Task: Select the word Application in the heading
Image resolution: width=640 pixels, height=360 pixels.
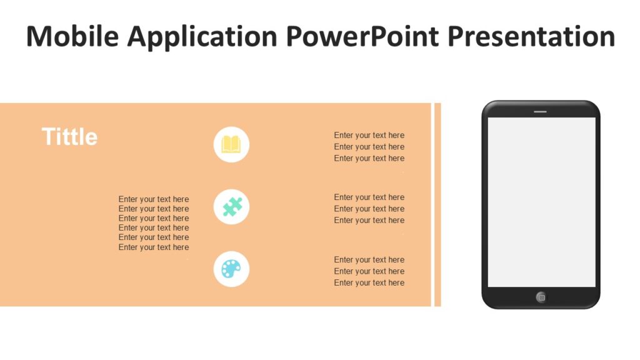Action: [x=202, y=37]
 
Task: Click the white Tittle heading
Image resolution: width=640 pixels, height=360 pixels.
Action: [x=69, y=137]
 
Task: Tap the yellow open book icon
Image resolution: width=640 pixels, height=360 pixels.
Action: [x=231, y=144]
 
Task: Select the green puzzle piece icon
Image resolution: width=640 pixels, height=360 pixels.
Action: [x=231, y=207]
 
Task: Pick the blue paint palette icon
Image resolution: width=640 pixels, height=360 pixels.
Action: [x=231, y=269]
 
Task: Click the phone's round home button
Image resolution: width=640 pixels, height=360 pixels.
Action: [x=541, y=297]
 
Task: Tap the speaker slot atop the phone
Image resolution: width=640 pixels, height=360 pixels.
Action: [x=540, y=112]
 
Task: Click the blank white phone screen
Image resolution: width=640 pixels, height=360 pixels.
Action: [x=541, y=202]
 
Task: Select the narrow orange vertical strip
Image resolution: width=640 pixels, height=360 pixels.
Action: [x=437, y=204]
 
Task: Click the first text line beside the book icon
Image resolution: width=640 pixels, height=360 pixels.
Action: [x=369, y=135]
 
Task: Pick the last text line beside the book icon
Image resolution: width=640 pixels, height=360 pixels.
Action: [x=369, y=158]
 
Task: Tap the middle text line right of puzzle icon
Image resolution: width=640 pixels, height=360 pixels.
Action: [x=369, y=209]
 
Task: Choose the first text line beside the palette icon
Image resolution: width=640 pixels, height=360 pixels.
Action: [x=369, y=259]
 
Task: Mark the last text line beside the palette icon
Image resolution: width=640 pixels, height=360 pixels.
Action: [x=369, y=282]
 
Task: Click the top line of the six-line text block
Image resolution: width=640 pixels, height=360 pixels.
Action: [x=154, y=199]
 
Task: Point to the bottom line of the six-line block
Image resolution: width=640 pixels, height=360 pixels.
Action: [x=154, y=247]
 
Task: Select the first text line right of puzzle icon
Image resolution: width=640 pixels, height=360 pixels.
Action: [x=369, y=197]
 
